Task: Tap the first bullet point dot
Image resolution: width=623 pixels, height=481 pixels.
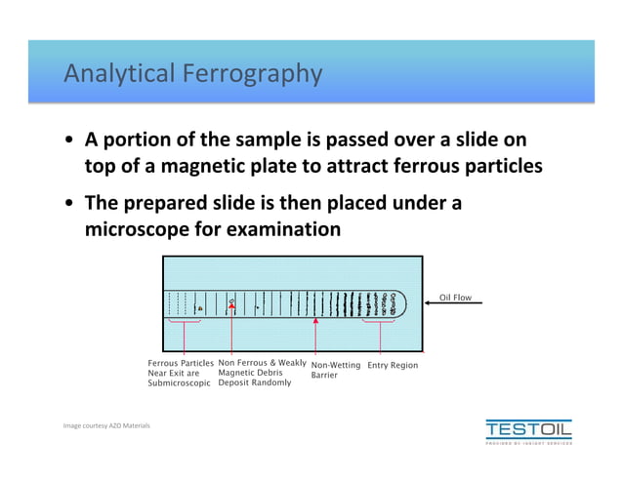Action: [x=69, y=140]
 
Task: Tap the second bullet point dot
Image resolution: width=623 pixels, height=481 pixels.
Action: [x=69, y=204]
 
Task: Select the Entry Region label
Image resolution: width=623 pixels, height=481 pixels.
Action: [x=393, y=366]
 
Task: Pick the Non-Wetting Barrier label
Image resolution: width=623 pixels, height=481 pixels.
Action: [x=335, y=370]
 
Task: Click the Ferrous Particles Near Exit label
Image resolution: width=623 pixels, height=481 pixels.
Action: [x=180, y=374]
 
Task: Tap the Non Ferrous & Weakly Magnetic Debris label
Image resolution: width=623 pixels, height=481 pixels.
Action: [x=261, y=373]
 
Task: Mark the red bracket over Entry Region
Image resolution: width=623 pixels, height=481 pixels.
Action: [x=380, y=322]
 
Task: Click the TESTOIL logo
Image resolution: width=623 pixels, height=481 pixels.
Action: [x=528, y=430]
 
